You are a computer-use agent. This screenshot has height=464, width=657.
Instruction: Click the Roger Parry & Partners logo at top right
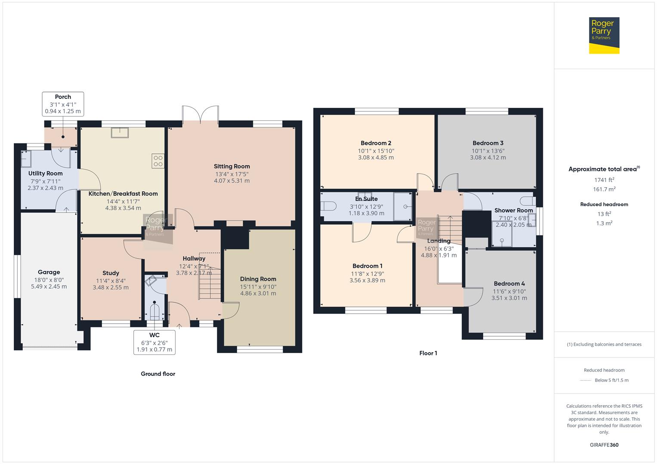click(604, 35)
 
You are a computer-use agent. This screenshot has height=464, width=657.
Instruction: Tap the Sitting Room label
click(232, 166)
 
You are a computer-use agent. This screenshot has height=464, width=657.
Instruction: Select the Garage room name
click(49, 272)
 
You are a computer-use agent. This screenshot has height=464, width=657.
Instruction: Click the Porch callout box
click(63, 104)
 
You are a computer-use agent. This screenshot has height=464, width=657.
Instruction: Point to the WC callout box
click(154, 342)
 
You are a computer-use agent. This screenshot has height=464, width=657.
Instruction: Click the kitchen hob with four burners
click(158, 161)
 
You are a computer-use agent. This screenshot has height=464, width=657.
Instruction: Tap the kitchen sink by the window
click(120, 133)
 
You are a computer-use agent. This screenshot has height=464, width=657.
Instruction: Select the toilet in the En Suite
click(328, 207)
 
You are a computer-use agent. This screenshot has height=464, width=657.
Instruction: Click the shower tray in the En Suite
click(403, 207)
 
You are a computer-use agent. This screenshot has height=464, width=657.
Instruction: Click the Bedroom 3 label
click(487, 143)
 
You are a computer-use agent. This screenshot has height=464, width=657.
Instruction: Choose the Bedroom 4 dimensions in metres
click(509, 298)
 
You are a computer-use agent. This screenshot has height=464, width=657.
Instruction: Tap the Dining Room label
click(258, 279)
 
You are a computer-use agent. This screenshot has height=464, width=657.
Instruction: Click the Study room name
click(111, 273)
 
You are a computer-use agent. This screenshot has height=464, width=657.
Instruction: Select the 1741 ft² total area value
click(604, 180)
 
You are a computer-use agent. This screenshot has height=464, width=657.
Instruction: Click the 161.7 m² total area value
click(604, 189)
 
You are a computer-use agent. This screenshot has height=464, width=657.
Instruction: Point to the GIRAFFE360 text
click(604, 445)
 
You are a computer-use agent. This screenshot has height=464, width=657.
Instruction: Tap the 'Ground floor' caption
click(158, 374)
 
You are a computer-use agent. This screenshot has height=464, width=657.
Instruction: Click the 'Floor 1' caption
click(428, 353)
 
